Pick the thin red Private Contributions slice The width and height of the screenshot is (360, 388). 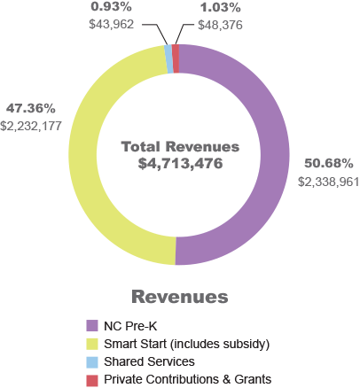(176, 58)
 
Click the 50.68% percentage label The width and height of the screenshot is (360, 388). (329, 163)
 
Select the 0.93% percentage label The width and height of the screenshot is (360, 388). (111, 7)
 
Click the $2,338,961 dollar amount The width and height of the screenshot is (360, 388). (328, 181)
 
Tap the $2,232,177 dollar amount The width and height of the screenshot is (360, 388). (32, 126)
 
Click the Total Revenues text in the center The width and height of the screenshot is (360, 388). (180, 146)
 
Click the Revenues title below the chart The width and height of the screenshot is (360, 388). (179, 297)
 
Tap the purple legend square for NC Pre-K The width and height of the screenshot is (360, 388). (91, 326)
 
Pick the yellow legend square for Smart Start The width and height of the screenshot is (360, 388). (91, 344)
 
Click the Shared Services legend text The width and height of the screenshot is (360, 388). (148, 361)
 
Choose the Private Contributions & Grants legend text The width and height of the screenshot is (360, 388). (187, 379)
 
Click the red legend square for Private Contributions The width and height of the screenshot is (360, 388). (91, 379)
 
